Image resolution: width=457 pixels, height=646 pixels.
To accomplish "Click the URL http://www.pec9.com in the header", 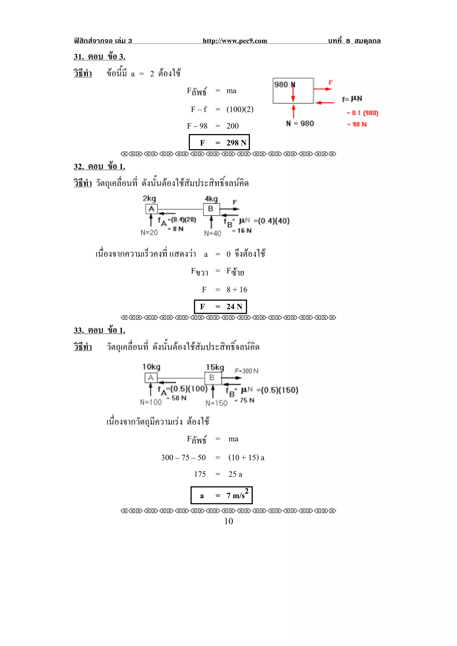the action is [x=235, y=41].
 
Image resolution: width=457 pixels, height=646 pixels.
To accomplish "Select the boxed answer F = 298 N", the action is [x=219, y=142].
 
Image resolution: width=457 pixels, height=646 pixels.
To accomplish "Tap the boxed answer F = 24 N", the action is [x=220, y=307].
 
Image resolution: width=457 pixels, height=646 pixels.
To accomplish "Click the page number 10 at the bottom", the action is [x=228, y=521].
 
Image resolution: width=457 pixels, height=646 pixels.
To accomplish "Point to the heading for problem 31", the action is [x=99, y=57].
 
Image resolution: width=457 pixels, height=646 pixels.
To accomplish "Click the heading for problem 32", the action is [x=99, y=167].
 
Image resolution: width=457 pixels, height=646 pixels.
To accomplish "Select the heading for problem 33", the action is [x=99, y=330].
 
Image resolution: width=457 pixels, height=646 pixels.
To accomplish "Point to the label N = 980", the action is [x=300, y=123].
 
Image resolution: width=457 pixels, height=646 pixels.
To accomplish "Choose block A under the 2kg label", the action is [x=152, y=209].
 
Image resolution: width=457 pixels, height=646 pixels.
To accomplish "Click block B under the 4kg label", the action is [x=211, y=209].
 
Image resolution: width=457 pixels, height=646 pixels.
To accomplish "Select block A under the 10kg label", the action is [x=151, y=378].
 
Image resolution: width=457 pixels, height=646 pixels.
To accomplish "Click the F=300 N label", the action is [x=246, y=371].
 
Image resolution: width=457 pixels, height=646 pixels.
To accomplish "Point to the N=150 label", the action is [x=216, y=403].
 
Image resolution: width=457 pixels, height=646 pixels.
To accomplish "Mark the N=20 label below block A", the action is [x=149, y=232].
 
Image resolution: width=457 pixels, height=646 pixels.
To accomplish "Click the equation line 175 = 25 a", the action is [x=218, y=474].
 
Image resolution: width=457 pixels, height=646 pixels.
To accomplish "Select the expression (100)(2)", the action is [x=240, y=109].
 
